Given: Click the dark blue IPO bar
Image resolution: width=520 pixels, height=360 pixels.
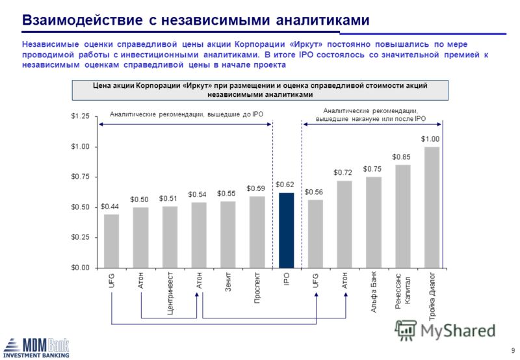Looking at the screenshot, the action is click(286, 231).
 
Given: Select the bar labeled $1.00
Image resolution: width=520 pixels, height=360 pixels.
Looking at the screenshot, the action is click(432, 207).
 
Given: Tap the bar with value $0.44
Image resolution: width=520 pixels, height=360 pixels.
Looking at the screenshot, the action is click(111, 241).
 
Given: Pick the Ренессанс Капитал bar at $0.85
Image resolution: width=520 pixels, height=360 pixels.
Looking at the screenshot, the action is click(402, 216).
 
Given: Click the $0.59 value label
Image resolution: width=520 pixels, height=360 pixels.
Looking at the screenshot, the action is click(255, 188).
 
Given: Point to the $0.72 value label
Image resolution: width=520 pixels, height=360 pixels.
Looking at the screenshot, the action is click(343, 173).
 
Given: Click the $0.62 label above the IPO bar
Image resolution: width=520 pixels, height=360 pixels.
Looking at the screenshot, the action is click(285, 185).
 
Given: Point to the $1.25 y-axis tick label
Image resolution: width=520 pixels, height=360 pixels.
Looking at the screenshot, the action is click(80, 116).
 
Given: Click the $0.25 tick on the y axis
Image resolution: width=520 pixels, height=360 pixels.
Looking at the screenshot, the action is click(80, 237).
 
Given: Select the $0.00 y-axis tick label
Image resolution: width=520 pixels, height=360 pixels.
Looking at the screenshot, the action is click(80, 268).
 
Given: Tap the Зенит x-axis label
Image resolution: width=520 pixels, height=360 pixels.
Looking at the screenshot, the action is click(228, 282).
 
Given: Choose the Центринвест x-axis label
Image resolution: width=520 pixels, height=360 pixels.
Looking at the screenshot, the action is click(170, 293).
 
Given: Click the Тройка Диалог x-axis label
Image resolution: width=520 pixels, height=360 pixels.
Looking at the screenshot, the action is click(432, 296).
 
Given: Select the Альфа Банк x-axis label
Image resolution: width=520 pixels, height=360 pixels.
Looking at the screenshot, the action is click(373, 292).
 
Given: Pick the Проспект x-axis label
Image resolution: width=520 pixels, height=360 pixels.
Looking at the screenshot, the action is click(257, 288).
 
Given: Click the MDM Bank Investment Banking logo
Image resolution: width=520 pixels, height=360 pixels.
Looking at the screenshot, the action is click(36, 348).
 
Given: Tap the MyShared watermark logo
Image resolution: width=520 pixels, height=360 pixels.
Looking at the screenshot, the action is click(445, 330).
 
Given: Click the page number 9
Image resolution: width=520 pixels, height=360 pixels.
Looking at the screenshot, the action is click(513, 350).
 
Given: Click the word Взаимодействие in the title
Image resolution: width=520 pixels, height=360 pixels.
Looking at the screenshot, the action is click(83, 20).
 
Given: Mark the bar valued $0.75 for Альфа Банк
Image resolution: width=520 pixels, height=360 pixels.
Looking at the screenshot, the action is click(373, 222).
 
